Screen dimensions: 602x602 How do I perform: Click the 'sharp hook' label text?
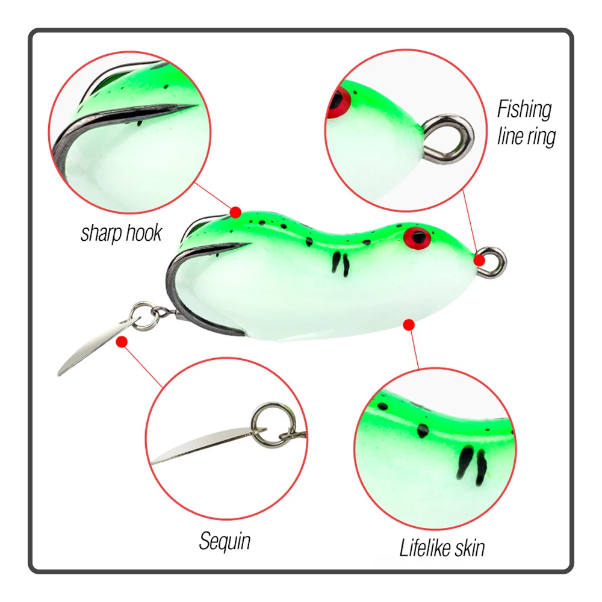coord(122,233)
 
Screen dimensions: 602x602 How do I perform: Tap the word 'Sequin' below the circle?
coord(225,542)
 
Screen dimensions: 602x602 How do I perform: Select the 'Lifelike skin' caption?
coord(442,547)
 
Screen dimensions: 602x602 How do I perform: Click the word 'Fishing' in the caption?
coord(524,110)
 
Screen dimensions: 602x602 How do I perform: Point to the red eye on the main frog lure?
coord(417,238)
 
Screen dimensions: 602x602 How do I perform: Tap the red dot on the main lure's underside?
coord(409,325)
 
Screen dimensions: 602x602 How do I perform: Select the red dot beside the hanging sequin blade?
coord(122,341)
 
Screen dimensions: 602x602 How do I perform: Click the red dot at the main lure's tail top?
coord(235,213)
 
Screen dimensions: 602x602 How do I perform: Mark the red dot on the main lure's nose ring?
coord(479,261)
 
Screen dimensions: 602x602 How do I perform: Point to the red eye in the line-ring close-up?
coord(338,102)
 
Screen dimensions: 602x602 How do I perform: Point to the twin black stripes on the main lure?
coord(341,264)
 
